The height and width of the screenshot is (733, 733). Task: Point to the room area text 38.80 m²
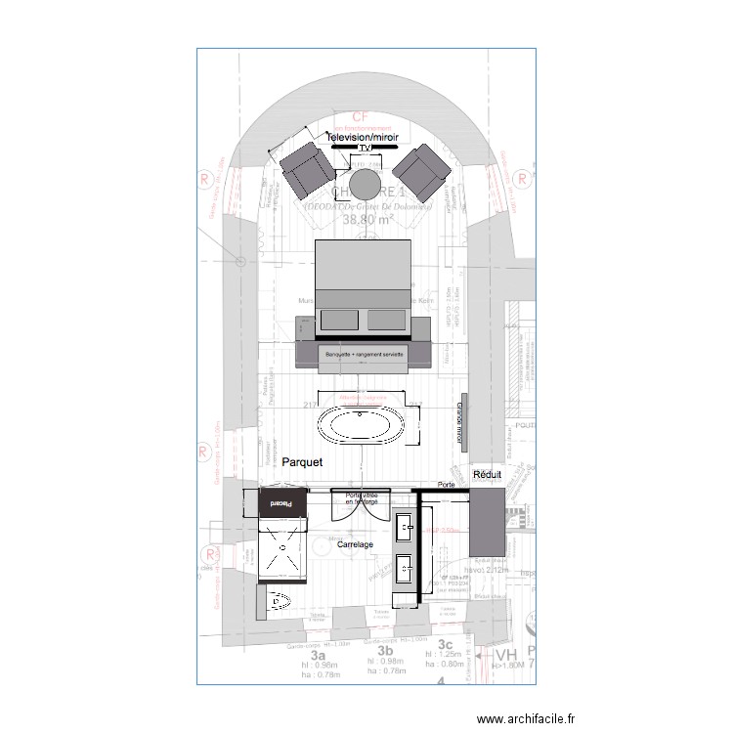pos(366,221)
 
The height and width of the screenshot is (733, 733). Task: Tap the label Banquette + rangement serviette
pos(365,353)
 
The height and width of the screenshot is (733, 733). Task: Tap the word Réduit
pos(486,474)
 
